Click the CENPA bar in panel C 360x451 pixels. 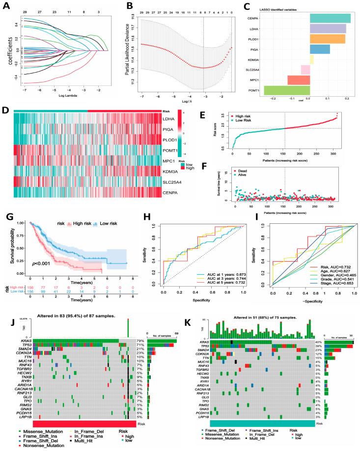click(330, 18)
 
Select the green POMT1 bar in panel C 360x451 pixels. click(287, 90)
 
